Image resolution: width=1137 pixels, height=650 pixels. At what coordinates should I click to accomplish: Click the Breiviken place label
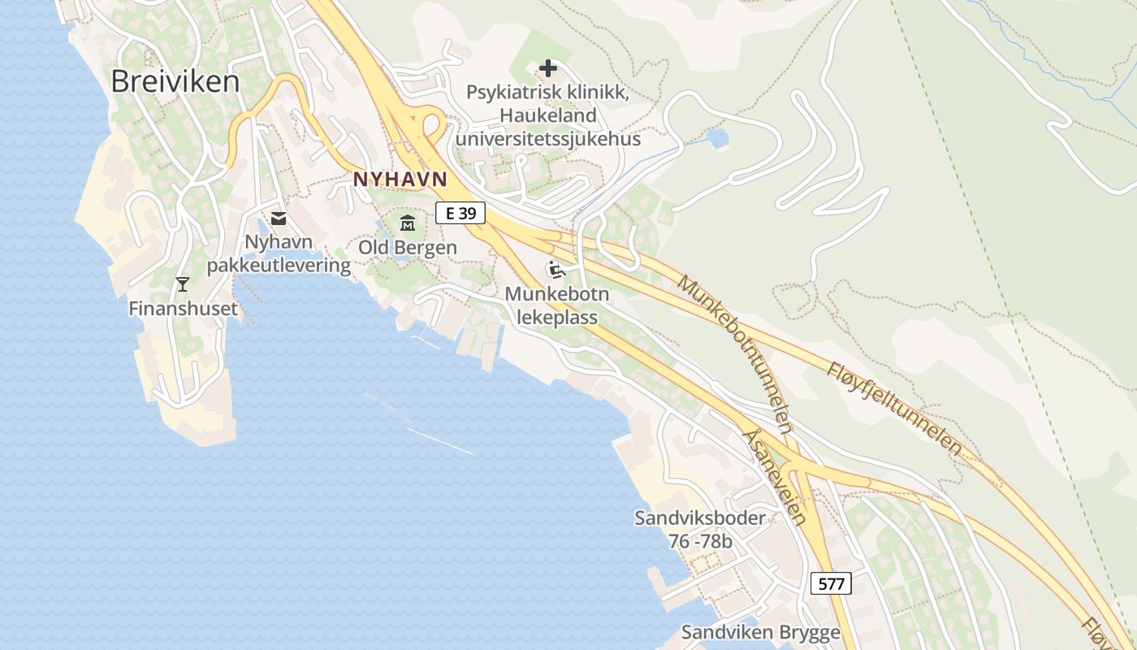(x=175, y=81)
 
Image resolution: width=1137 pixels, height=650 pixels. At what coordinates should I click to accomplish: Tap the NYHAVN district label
(x=400, y=179)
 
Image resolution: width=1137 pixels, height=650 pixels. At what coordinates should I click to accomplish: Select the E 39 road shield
(x=460, y=214)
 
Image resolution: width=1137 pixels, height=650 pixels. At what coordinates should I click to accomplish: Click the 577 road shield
(x=831, y=583)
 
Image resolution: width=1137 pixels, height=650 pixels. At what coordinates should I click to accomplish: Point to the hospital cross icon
(x=548, y=68)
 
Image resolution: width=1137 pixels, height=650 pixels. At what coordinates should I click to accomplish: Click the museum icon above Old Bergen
(x=408, y=223)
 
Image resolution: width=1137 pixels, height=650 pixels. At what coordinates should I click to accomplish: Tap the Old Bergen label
(x=408, y=247)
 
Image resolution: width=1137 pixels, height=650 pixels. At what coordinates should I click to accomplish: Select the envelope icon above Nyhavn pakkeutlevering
(x=279, y=218)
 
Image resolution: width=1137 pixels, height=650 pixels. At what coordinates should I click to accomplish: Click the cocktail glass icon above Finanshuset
(x=183, y=284)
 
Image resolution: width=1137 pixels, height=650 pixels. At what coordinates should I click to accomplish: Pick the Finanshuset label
(x=184, y=309)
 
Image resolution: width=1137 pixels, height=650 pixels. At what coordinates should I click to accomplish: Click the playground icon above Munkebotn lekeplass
(x=557, y=270)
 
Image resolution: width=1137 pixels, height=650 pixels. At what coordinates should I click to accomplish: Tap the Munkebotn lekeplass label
(x=557, y=305)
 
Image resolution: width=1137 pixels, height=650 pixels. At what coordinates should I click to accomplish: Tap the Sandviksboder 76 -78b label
(x=699, y=529)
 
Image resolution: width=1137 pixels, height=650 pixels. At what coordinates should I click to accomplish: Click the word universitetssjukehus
(x=548, y=139)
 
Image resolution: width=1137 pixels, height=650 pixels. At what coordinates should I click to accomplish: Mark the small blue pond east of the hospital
(x=718, y=138)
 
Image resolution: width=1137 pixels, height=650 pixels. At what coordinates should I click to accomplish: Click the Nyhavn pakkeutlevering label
(x=279, y=253)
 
